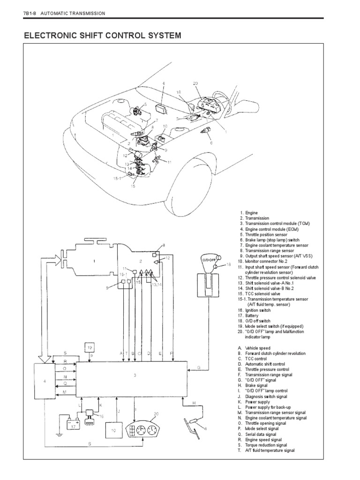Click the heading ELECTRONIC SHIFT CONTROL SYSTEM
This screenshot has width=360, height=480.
pos(102,36)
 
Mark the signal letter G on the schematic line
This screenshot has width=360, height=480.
pos(199,368)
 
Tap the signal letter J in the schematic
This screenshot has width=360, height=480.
pos(119,411)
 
